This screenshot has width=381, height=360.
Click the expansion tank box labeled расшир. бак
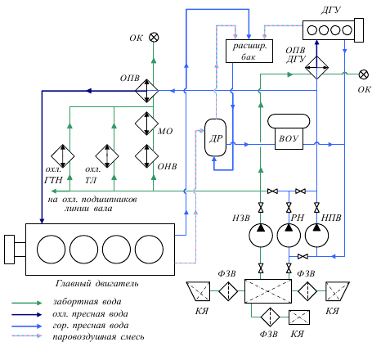[x=249, y=51]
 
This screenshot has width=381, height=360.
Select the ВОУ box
[x=289, y=138]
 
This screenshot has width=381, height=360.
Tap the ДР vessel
[x=215, y=137]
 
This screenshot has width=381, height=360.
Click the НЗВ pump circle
[x=261, y=235]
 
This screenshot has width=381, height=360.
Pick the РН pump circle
[x=289, y=235]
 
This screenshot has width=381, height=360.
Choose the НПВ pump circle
[x=316, y=235]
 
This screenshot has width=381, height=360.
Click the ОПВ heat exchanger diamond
[x=147, y=91]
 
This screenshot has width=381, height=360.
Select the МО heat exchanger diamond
[x=147, y=124]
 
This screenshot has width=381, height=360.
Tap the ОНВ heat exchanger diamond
[x=147, y=156]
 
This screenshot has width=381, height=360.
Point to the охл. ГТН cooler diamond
[x=63, y=156]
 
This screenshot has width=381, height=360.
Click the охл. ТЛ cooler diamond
[x=107, y=156]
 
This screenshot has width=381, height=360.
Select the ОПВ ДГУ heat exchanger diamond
[x=316, y=68]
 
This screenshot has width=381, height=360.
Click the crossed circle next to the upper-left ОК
[x=154, y=38]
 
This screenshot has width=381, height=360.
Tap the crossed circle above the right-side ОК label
[x=364, y=74]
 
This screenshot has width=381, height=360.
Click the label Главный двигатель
[x=96, y=284]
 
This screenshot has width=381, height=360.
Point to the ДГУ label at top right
[x=330, y=11]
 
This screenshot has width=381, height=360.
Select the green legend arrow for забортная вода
[x=27, y=303]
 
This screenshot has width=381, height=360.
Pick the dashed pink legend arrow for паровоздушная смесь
[x=27, y=335]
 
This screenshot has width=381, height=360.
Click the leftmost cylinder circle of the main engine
[x=52, y=250]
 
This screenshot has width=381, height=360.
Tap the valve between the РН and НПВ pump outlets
[x=303, y=256]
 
